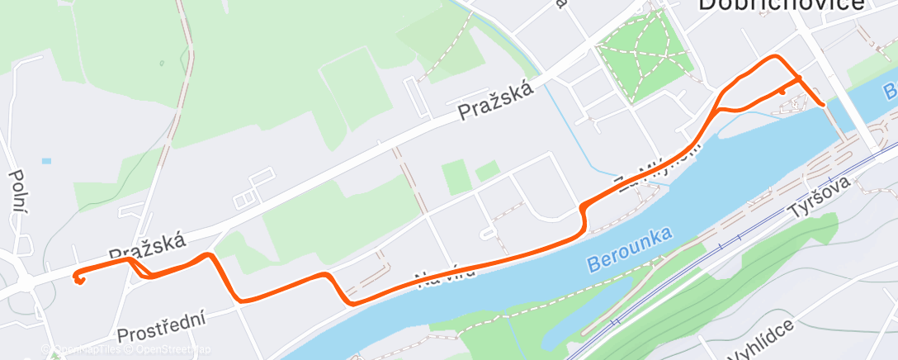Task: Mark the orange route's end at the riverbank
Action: click(823, 105)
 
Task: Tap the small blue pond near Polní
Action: click(45, 160)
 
